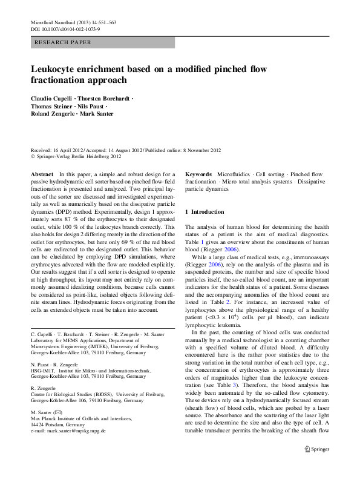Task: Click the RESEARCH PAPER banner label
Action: pyautogui.click(x=64, y=42)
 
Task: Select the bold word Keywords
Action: pyautogui.click(x=198, y=174)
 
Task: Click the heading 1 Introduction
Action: pyautogui.click(x=208, y=212)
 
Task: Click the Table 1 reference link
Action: pyautogui.click(x=194, y=242)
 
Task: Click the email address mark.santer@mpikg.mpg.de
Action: pyautogui.click(x=68, y=431)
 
